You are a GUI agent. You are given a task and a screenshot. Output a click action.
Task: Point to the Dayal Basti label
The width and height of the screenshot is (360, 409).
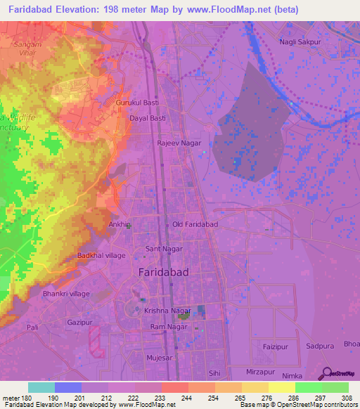(148, 119)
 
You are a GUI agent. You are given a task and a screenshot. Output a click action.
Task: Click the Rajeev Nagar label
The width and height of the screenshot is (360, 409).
(179, 143)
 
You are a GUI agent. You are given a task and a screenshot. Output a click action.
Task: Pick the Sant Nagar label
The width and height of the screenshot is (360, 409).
(163, 249)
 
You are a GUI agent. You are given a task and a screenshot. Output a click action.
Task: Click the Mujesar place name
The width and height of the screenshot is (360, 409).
(159, 357)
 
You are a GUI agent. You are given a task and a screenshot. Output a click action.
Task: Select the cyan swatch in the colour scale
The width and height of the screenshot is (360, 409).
(41, 387)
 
